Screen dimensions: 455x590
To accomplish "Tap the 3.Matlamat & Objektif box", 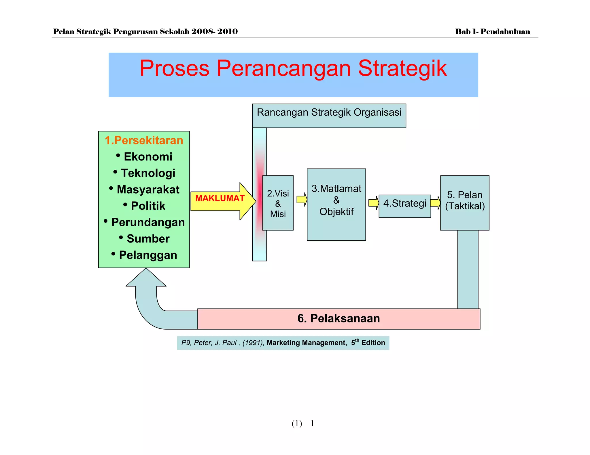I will pyautogui.click(x=336, y=204).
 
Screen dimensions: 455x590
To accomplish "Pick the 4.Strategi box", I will pyautogui.click(x=404, y=206).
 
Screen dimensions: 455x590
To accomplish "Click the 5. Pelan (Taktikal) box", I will pyautogui.click(x=464, y=203).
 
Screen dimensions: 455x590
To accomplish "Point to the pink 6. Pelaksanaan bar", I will pyautogui.click(x=339, y=319).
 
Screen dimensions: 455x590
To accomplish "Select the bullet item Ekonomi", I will pyautogui.click(x=148, y=157).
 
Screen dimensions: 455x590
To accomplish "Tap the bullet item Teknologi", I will pyautogui.click(x=148, y=173).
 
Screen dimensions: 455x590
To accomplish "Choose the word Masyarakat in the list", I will pyautogui.click(x=148, y=190).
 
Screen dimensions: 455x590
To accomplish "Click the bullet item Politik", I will pyautogui.click(x=148, y=206).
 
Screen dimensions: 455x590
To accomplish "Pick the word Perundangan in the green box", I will pyautogui.click(x=148, y=222).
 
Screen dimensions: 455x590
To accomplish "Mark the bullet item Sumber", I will pyautogui.click(x=148, y=239).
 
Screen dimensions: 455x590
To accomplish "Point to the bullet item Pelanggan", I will pyautogui.click(x=148, y=255).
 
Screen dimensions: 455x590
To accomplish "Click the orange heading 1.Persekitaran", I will pyautogui.click(x=144, y=140).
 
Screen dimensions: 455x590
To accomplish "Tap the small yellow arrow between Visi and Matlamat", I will pyautogui.click(x=302, y=199).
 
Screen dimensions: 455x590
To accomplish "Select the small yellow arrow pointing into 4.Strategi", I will pyautogui.click(x=374, y=203).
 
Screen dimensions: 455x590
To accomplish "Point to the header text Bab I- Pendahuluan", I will pyautogui.click(x=492, y=32).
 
